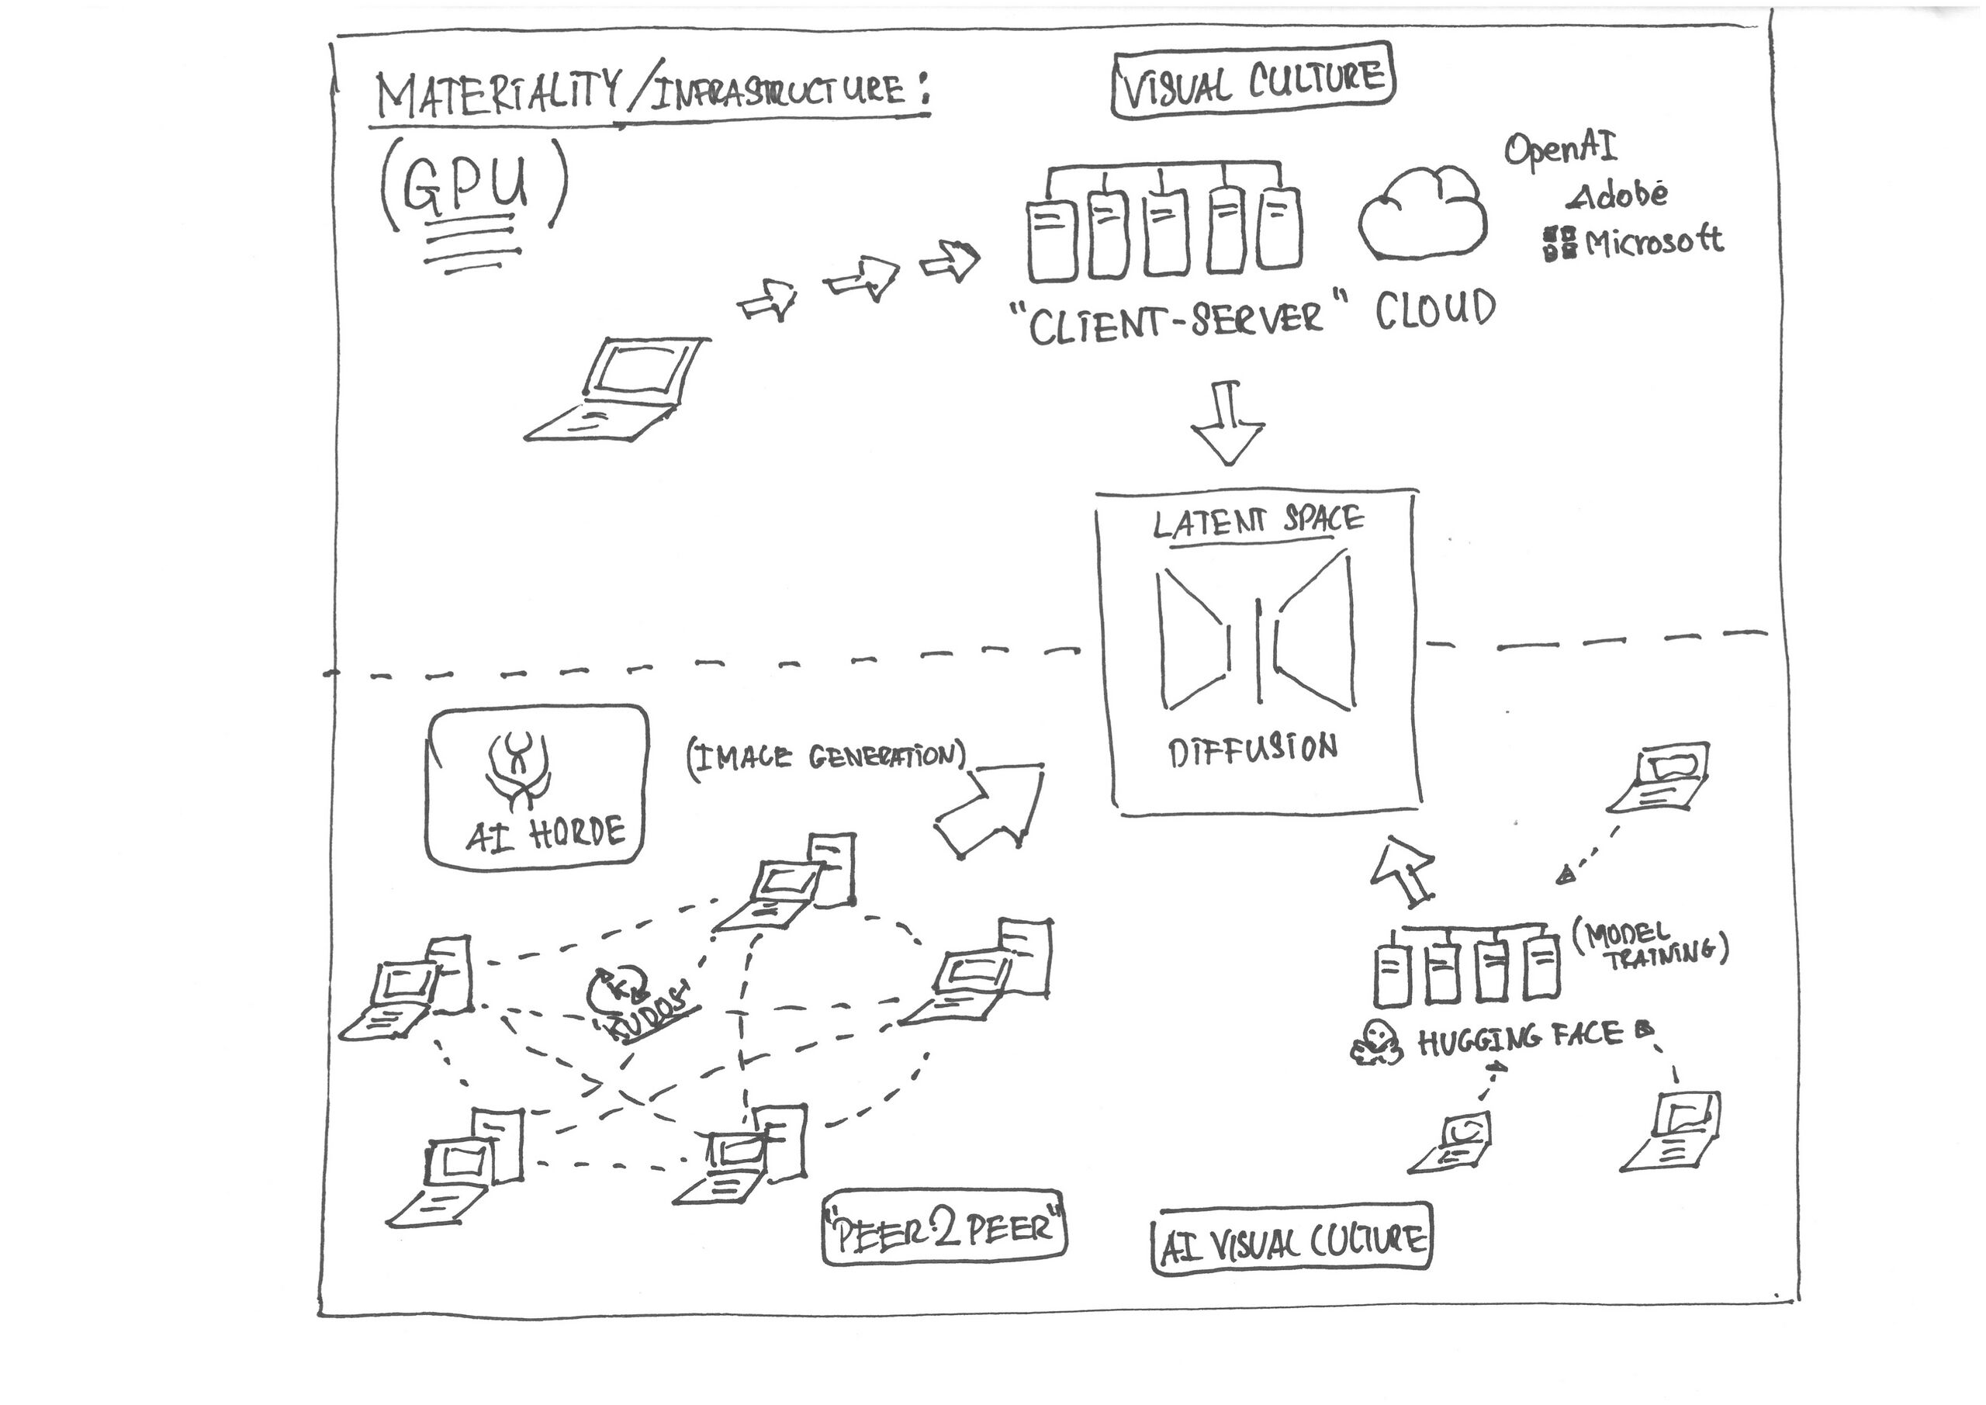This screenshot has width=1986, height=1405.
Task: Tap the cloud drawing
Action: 1422,213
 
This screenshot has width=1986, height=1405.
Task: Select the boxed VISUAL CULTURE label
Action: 1252,83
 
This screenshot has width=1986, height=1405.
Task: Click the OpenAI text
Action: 1559,149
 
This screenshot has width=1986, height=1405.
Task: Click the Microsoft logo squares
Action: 1559,243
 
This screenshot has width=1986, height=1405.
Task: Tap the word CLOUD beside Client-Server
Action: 1435,310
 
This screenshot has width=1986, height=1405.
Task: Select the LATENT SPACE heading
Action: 1258,521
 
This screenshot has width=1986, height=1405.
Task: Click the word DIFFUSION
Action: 1252,749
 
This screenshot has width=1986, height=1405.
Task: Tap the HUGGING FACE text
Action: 1520,1038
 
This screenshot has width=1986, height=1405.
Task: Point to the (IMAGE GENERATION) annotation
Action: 826,757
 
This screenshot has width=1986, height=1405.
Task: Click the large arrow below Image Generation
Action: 991,810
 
